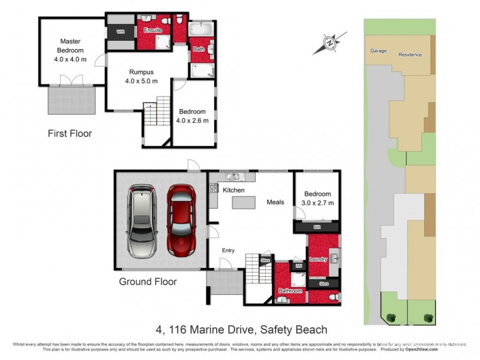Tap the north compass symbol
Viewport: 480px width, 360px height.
[330, 43]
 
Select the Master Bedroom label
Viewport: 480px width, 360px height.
[70, 46]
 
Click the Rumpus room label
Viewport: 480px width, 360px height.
[141, 72]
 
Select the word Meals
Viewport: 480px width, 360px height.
[275, 202]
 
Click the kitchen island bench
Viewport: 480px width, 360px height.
[244, 203]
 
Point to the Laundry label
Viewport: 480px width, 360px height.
[317, 259]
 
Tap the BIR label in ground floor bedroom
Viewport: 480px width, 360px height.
[317, 228]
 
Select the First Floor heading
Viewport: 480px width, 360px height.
[70, 133]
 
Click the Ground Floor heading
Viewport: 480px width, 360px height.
[147, 281]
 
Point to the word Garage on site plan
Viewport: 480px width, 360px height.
[378, 51]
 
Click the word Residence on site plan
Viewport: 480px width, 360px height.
[410, 55]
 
